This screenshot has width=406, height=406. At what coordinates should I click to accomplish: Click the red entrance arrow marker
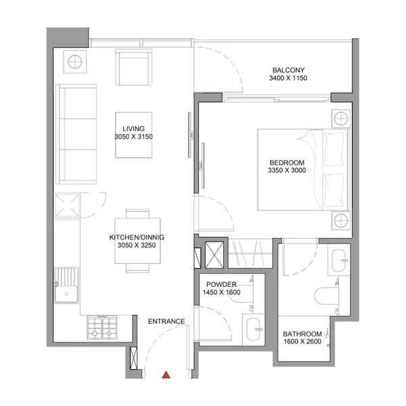166,375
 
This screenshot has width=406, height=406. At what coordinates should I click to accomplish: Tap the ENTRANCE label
166,321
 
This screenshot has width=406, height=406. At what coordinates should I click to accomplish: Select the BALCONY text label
288,70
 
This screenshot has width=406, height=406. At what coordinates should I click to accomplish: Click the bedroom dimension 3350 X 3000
287,170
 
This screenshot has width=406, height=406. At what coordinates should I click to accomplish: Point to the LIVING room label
133,129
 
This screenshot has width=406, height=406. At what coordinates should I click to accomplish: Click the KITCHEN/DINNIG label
137,238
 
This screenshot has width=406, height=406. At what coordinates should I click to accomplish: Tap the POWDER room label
221,284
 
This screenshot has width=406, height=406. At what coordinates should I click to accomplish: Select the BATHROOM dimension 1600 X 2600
302,342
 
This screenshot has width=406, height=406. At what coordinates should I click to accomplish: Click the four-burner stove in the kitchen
102,328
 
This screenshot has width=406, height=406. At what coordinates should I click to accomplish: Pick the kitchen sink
66,286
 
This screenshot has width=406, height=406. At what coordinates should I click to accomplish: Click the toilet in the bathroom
327,296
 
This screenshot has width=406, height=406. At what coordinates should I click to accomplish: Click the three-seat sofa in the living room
76,134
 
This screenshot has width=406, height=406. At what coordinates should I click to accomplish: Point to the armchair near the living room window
133,67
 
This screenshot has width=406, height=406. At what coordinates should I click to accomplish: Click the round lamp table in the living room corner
75,62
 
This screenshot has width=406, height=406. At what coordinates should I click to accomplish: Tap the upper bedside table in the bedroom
341,119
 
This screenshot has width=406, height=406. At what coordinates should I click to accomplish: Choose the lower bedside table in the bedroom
341,221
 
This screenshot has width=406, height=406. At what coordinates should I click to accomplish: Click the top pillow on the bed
335,149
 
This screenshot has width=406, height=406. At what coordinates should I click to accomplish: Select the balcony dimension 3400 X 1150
288,78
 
